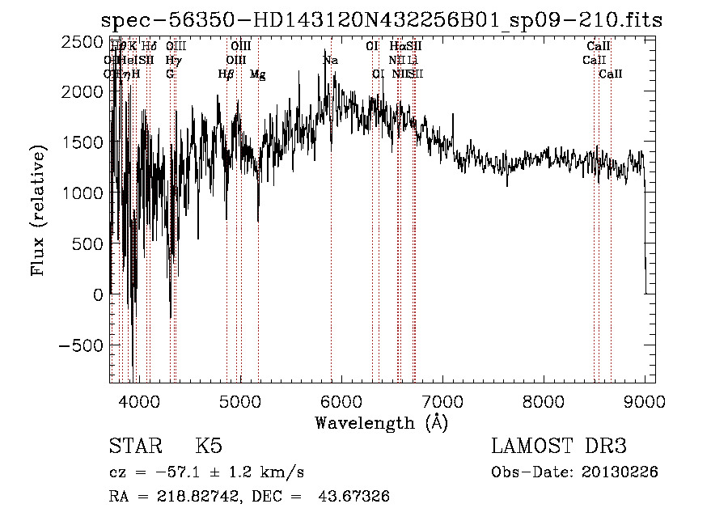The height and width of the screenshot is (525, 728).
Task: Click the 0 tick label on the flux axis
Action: click(98, 294)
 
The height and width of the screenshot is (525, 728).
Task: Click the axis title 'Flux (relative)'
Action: click(38, 210)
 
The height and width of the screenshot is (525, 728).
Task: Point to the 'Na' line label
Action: click(330, 61)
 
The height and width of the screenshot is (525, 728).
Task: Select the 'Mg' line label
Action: click(257, 74)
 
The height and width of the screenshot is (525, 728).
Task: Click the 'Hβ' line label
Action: click(226, 74)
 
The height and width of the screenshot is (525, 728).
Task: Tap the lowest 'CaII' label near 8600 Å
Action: click(611, 74)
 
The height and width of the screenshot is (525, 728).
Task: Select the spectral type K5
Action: click(209, 447)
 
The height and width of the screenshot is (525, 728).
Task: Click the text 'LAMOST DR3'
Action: click(559, 447)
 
